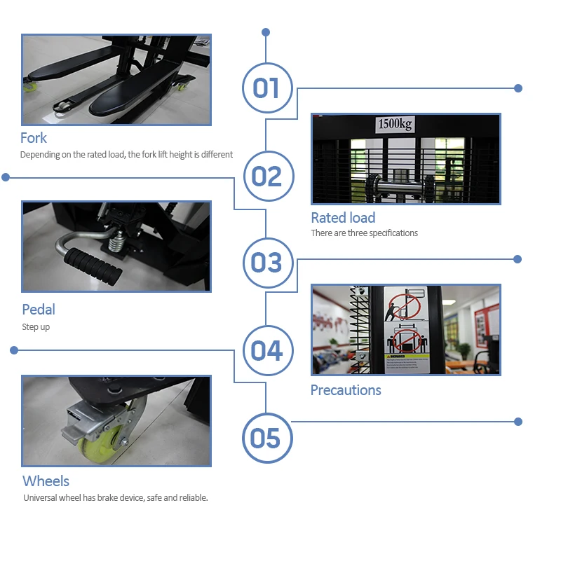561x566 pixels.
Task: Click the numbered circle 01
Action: click(x=266, y=89)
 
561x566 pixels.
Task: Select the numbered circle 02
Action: click(x=266, y=176)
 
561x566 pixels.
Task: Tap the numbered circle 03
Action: click(x=266, y=263)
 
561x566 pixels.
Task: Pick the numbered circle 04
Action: click(x=266, y=350)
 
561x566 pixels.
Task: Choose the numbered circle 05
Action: click(x=266, y=439)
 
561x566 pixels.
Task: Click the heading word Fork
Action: click(x=34, y=137)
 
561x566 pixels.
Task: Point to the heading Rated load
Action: click(x=343, y=217)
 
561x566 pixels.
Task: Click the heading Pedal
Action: click(x=38, y=309)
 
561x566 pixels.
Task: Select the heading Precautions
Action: click(x=346, y=389)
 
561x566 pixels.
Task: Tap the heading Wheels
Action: click(x=46, y=481)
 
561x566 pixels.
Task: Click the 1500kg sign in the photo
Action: click(x=395, y=125)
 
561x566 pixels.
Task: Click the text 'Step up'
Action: click(x=36, y=327)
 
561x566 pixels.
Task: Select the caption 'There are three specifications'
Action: click(x=364, y=233)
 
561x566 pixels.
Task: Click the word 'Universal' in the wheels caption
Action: click(x=41, y=498)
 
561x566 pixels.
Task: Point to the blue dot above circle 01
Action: click(x=266, y=32)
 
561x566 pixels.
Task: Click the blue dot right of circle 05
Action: click(x=518, y=422)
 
